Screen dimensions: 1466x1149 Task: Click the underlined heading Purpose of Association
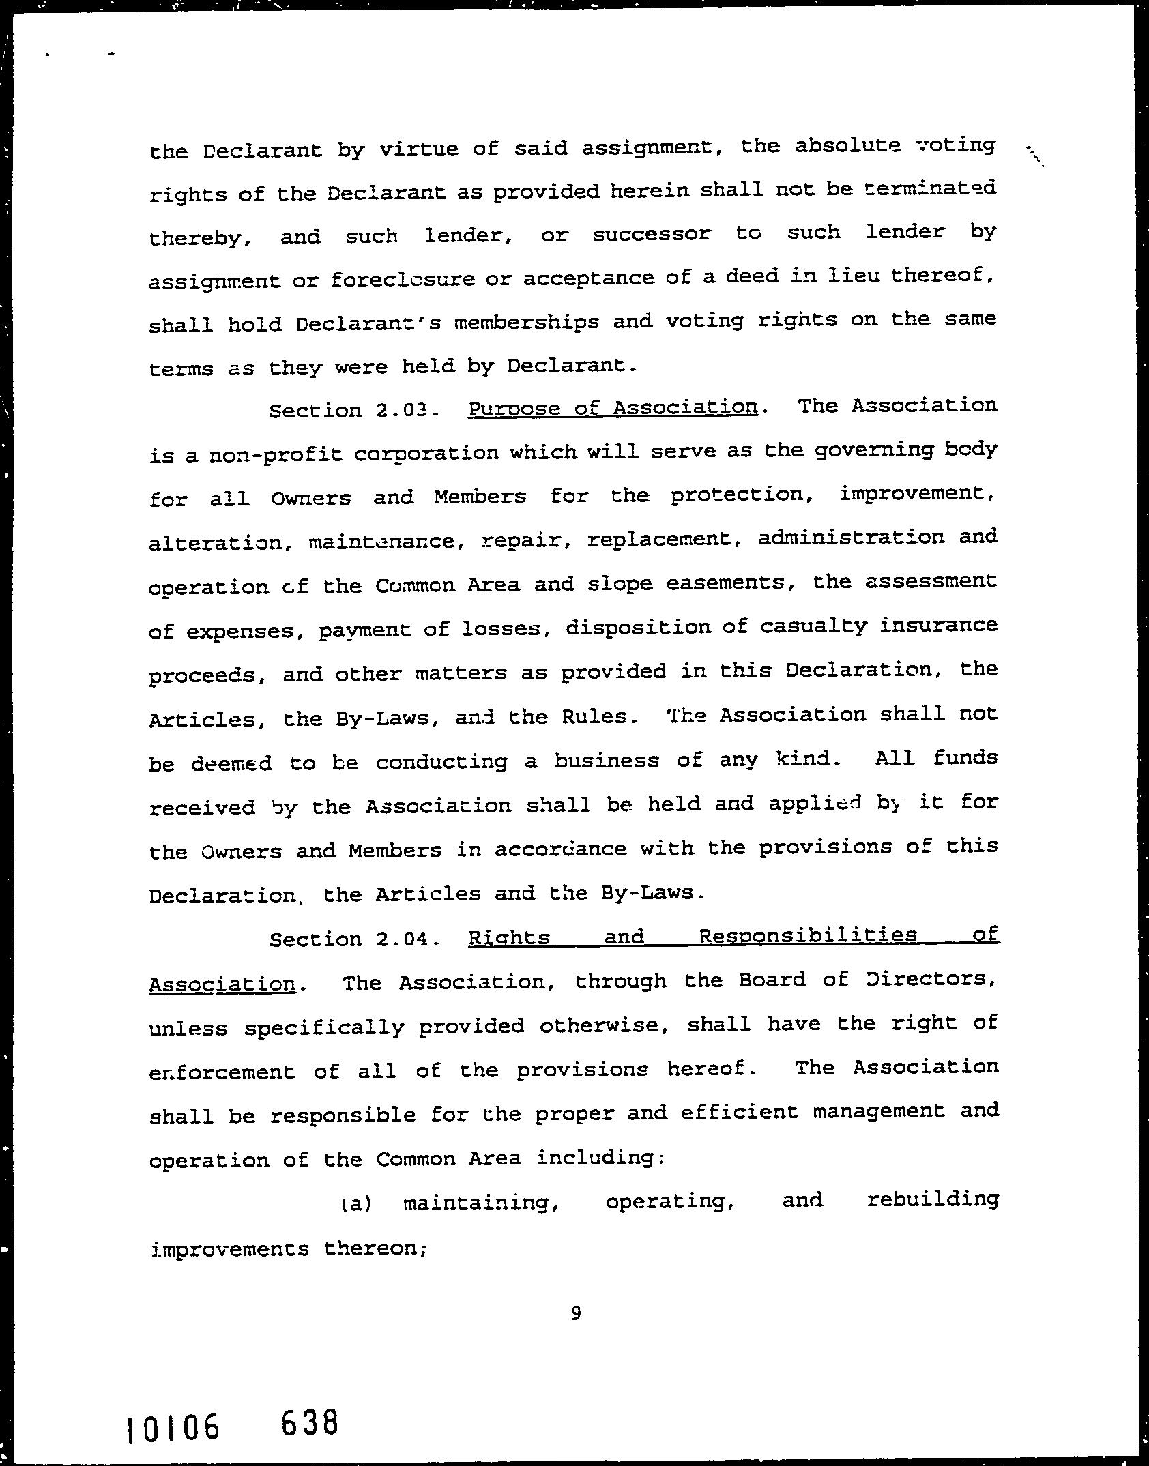[613, 408]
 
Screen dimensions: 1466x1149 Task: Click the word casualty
[813, 626]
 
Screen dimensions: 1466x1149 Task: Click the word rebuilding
[932, 1199]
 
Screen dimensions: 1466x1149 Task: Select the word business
[607, 760]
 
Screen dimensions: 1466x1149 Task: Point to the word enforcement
[222, 1072]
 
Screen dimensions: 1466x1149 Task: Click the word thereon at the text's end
[375, 1249]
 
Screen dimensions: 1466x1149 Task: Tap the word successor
[652, 234]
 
